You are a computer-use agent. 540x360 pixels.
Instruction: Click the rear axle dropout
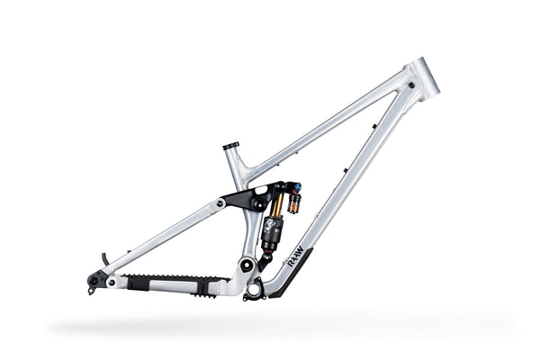94,282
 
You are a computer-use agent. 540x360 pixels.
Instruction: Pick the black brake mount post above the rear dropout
104,259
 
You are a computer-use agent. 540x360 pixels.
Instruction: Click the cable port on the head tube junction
410,85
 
